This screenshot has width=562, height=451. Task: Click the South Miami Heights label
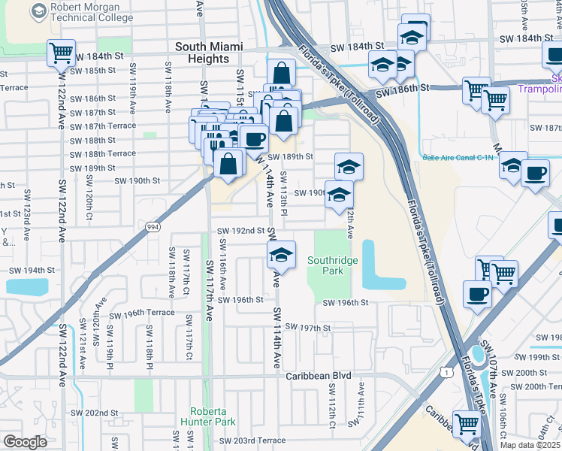click(x=209, y=53)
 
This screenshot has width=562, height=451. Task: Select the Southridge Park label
click(x=332, y=266)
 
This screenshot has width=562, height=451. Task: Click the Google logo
click(x=25, y=441)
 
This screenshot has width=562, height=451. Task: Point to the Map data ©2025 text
click(x=530, y=445)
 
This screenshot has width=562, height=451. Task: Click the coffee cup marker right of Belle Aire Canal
click(x=535, y=174)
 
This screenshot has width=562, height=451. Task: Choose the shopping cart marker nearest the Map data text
click(x=467, y=424)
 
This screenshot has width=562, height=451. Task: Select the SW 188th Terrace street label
click(x=102, y=153)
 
